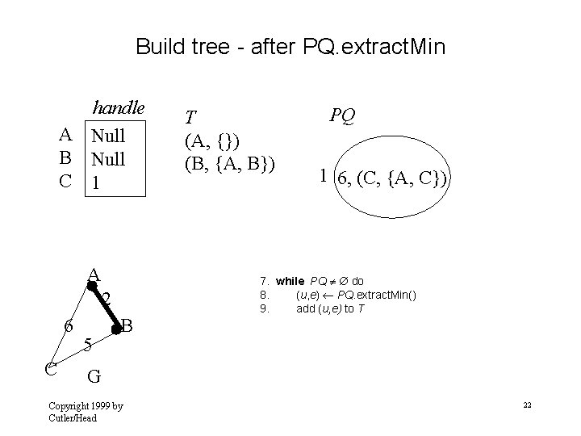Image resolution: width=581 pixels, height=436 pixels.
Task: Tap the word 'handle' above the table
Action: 118,108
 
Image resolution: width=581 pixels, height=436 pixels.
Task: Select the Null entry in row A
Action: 108,134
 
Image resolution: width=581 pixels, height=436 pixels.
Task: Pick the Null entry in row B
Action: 108,159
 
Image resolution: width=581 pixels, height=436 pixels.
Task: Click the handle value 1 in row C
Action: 96,183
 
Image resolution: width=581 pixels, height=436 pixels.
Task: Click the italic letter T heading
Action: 190,117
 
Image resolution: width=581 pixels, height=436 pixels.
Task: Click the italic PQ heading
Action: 341,116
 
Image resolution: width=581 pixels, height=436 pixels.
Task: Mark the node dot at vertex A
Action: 92,284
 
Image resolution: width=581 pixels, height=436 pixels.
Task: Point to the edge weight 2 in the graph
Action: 107,300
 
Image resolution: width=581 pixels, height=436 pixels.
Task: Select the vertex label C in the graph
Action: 49,370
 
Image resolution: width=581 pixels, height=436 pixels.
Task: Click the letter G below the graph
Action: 94,375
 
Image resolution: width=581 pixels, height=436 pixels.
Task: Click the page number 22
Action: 527,404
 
